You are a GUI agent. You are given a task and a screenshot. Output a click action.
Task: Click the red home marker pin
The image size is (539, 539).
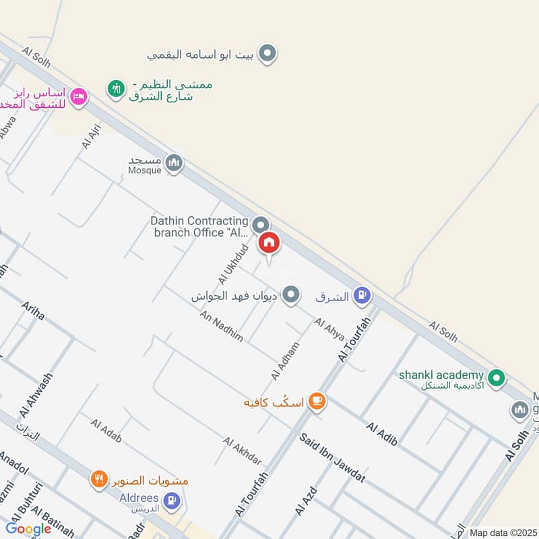click(269, 242)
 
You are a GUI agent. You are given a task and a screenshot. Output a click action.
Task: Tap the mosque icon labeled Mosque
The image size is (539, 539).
click(175, 163)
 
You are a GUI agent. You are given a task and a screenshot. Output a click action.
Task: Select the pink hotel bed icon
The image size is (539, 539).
click(80, 96)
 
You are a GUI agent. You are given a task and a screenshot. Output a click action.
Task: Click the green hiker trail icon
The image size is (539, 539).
click(117, 88)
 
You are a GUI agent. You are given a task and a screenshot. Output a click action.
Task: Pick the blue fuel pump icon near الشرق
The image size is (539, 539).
click(362, 294)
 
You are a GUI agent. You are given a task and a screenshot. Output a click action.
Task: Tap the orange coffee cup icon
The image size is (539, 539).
click(316, 402)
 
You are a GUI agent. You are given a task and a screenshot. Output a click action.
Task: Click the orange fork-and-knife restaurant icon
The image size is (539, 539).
click(99, 480)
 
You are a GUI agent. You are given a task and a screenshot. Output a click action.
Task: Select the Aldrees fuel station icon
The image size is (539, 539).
click(172, 499)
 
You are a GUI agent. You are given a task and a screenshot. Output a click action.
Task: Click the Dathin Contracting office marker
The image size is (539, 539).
click(261, 224)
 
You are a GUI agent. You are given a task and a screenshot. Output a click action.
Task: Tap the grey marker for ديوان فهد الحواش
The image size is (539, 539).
click(290, 294)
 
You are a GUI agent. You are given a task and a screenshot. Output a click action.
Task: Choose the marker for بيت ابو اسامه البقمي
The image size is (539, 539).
click(268, 53)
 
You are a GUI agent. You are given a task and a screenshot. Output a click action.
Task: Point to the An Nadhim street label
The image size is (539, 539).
click(221, 327)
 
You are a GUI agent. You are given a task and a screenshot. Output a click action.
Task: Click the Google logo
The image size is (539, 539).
click(29, 529)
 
